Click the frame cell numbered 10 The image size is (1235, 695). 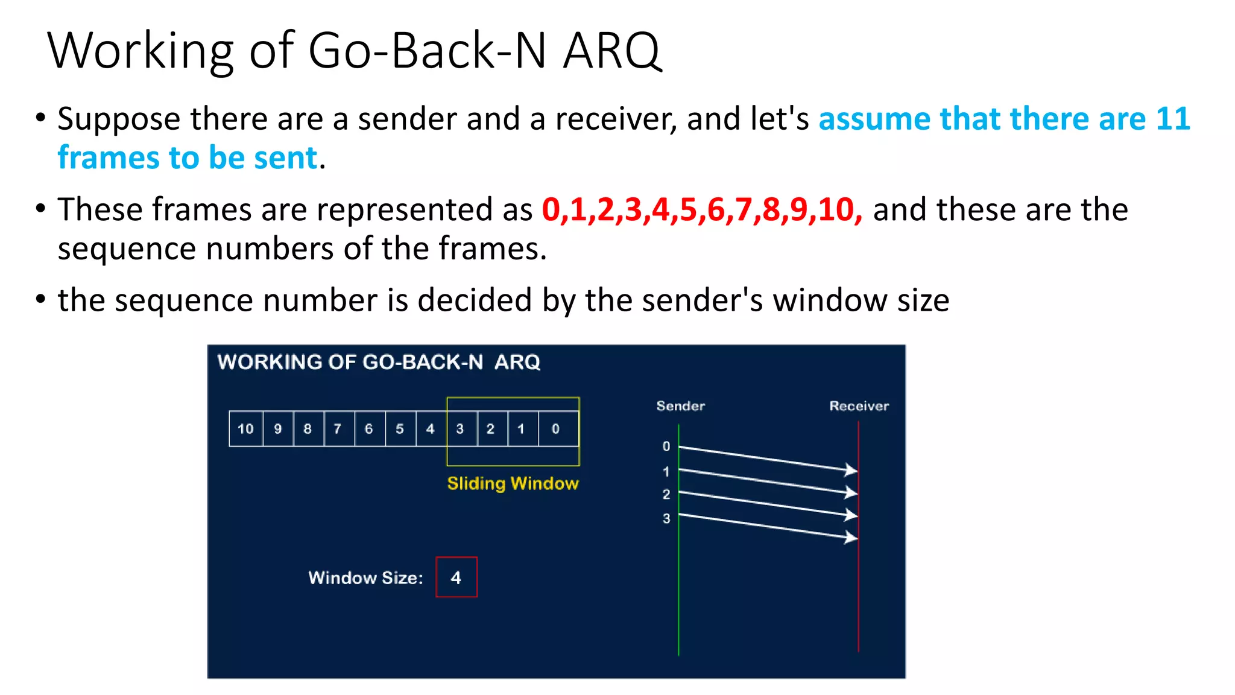[245, 429]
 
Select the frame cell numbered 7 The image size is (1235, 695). [338, 429]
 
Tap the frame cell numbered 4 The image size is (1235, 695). [430, 429]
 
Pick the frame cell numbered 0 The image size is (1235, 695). [556, 429]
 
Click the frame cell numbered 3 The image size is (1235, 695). [461, 429]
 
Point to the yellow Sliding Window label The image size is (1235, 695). [513, 483]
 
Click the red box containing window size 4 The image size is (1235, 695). [456, 577]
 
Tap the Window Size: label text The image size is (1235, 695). [365, 578]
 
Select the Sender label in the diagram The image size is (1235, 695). [680, 406]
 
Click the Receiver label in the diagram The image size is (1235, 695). [859, 406]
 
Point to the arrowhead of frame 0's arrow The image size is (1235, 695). [851, 470]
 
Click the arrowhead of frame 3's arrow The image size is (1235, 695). [851, 537]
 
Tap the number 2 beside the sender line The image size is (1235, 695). [666, 495]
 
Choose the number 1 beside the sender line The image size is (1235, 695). [666, 472]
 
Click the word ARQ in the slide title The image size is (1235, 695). [612, 51]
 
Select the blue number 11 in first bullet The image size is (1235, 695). [1172, 119]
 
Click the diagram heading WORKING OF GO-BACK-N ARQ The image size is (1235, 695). [379, 362]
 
